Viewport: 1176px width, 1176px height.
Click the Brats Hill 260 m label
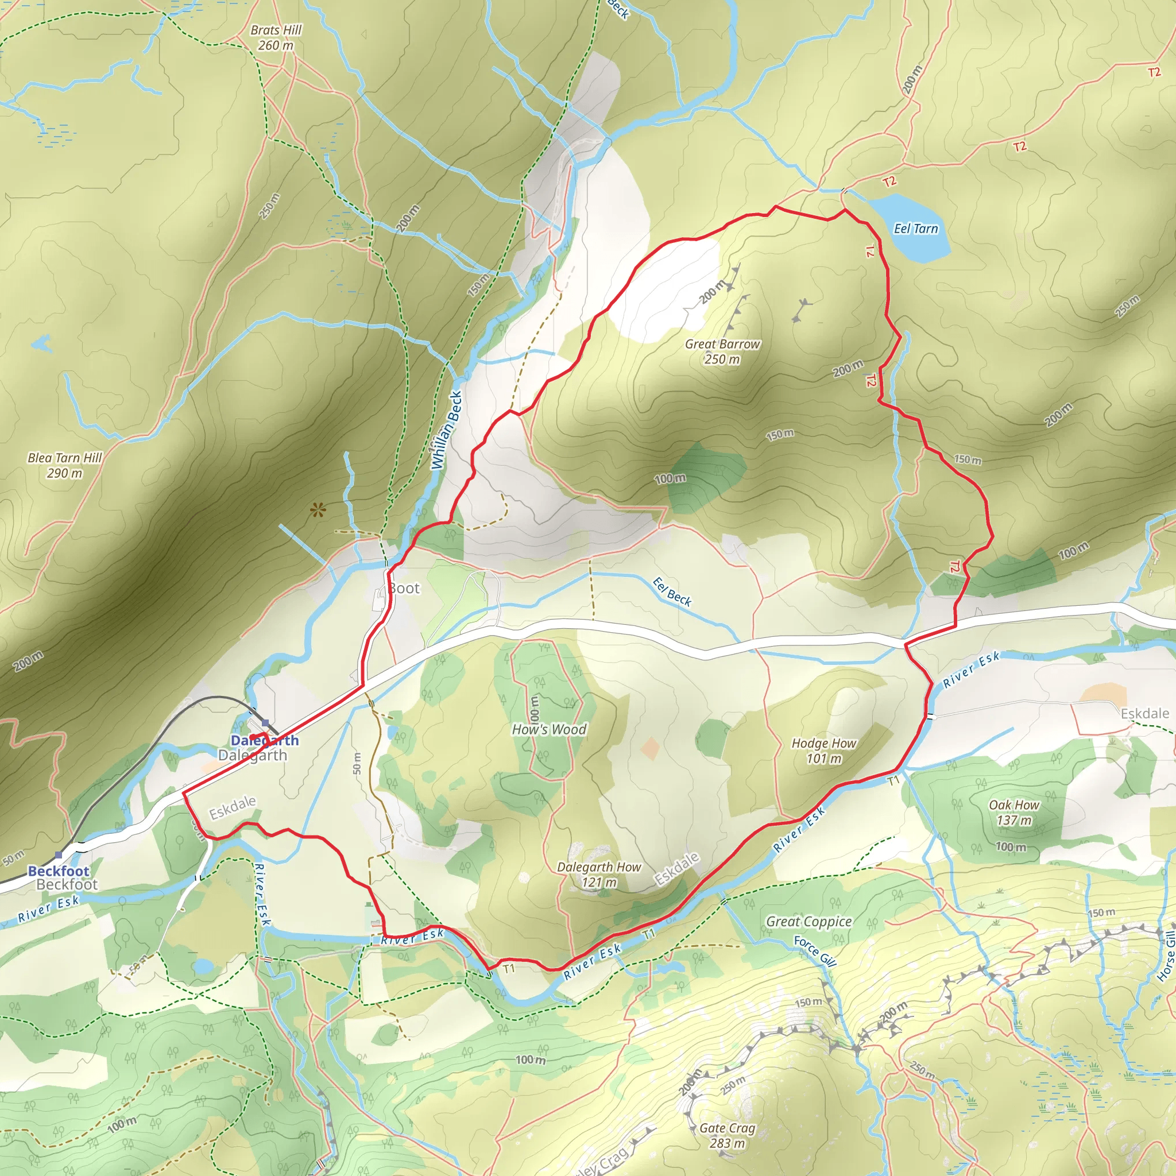click(x=276, y=38)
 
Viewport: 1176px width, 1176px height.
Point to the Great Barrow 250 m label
click(x=722, y=351)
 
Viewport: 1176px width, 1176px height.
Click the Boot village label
click(x=404, y=588)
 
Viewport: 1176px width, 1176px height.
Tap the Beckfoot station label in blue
click(x=59, y=871)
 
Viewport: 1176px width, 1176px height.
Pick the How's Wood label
click(x=549, y=729)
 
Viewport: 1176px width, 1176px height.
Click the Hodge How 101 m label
click(x=823, y=751)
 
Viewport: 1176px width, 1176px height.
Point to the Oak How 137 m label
click(x=1014, y=812)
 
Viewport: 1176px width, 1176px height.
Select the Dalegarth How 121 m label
click(x=599, y=874)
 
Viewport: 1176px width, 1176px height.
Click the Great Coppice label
click(x=808, y=922)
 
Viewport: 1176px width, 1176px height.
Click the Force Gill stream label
click(x=815, y=951)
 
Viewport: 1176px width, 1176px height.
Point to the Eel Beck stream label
click(x=672, y=592)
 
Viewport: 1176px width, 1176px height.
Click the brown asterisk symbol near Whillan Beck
click(x=316, y=509)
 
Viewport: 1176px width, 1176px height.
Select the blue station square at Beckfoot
click(x=59, y=855)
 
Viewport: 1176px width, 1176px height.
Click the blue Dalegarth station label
click(x=264, y=740)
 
